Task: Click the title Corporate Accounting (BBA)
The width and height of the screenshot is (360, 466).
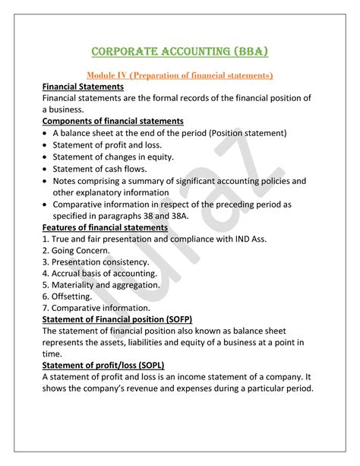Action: pos(179,52)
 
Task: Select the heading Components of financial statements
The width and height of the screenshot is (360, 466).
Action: pos(112,121)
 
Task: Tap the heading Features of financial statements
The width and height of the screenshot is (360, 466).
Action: pos(105,227)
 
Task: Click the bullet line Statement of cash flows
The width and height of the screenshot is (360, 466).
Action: pos(100,168)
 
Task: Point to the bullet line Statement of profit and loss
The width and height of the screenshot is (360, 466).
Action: pos(109,144)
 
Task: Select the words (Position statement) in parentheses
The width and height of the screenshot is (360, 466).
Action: pos(242,133)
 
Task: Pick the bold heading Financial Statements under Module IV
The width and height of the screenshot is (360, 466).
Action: pos(84,87)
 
